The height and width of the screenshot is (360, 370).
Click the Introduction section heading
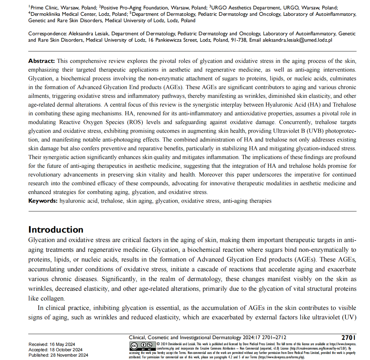pos(56,230)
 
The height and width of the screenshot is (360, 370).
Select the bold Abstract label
pos(42,61)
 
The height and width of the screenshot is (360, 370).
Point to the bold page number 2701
pos(349,337)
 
